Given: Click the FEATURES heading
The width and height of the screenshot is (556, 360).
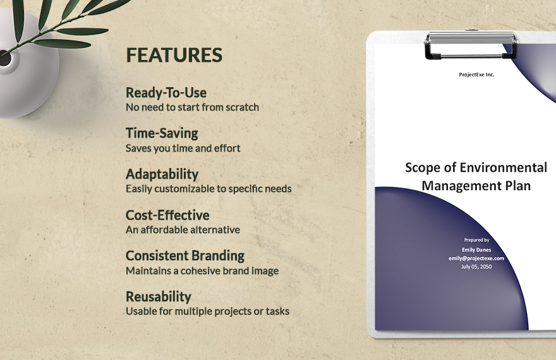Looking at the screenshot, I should (x=174, y=55).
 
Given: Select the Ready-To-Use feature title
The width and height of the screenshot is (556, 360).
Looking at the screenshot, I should (x=166, y=93).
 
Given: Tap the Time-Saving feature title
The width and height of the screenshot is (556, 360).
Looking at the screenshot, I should (x=162, y=133).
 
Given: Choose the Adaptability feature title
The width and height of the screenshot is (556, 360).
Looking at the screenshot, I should (x=162, y=174).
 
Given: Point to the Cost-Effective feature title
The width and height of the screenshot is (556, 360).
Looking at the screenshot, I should (x=167, y=215).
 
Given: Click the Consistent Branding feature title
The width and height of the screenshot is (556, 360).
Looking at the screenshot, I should (x=184, y=255).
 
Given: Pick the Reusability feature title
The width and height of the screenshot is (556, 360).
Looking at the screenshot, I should (x=158, y=296).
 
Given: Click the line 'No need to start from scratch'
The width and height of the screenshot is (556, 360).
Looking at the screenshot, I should (x=192, y=107).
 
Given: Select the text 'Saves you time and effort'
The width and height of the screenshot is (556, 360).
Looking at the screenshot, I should (x=183, y=148).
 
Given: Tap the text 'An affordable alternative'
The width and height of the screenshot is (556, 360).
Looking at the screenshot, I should (x=183, y=230).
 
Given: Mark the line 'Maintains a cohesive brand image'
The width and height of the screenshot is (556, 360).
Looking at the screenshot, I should (x=202, y=271).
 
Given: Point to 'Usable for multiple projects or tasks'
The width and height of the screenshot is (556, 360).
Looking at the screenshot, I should (x=207, y=311).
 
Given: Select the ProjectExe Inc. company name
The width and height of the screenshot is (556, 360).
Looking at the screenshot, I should (x=476, y=75).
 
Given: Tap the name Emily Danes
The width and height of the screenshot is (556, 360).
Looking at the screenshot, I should (x=477, y=249).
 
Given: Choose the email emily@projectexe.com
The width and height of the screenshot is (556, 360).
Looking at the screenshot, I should (x=476, y=258).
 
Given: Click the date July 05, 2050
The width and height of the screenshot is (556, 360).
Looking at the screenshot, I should (x=476, y=267).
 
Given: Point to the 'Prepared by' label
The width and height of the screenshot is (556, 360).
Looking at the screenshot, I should (x=476, y=240).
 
